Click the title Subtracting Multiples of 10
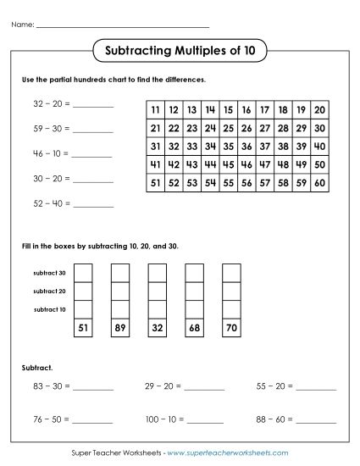pos(180,50)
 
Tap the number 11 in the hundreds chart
pos(155,110)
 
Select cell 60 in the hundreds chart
pos(319,182)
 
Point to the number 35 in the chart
pos(228,146)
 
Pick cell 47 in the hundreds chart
pos(264,164)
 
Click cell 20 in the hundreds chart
pos(319,110)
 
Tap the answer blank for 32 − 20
pos(94,106)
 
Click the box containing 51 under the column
pos(83,328)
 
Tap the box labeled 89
pos(120,328)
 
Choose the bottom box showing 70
pos(231,328)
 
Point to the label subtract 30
pos(49,272)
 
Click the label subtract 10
pos(49,309)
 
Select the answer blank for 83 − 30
pos(94,389)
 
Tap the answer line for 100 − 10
pos(208,421)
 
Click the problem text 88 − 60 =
pos(274,419)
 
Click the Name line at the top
pos(123,26)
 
